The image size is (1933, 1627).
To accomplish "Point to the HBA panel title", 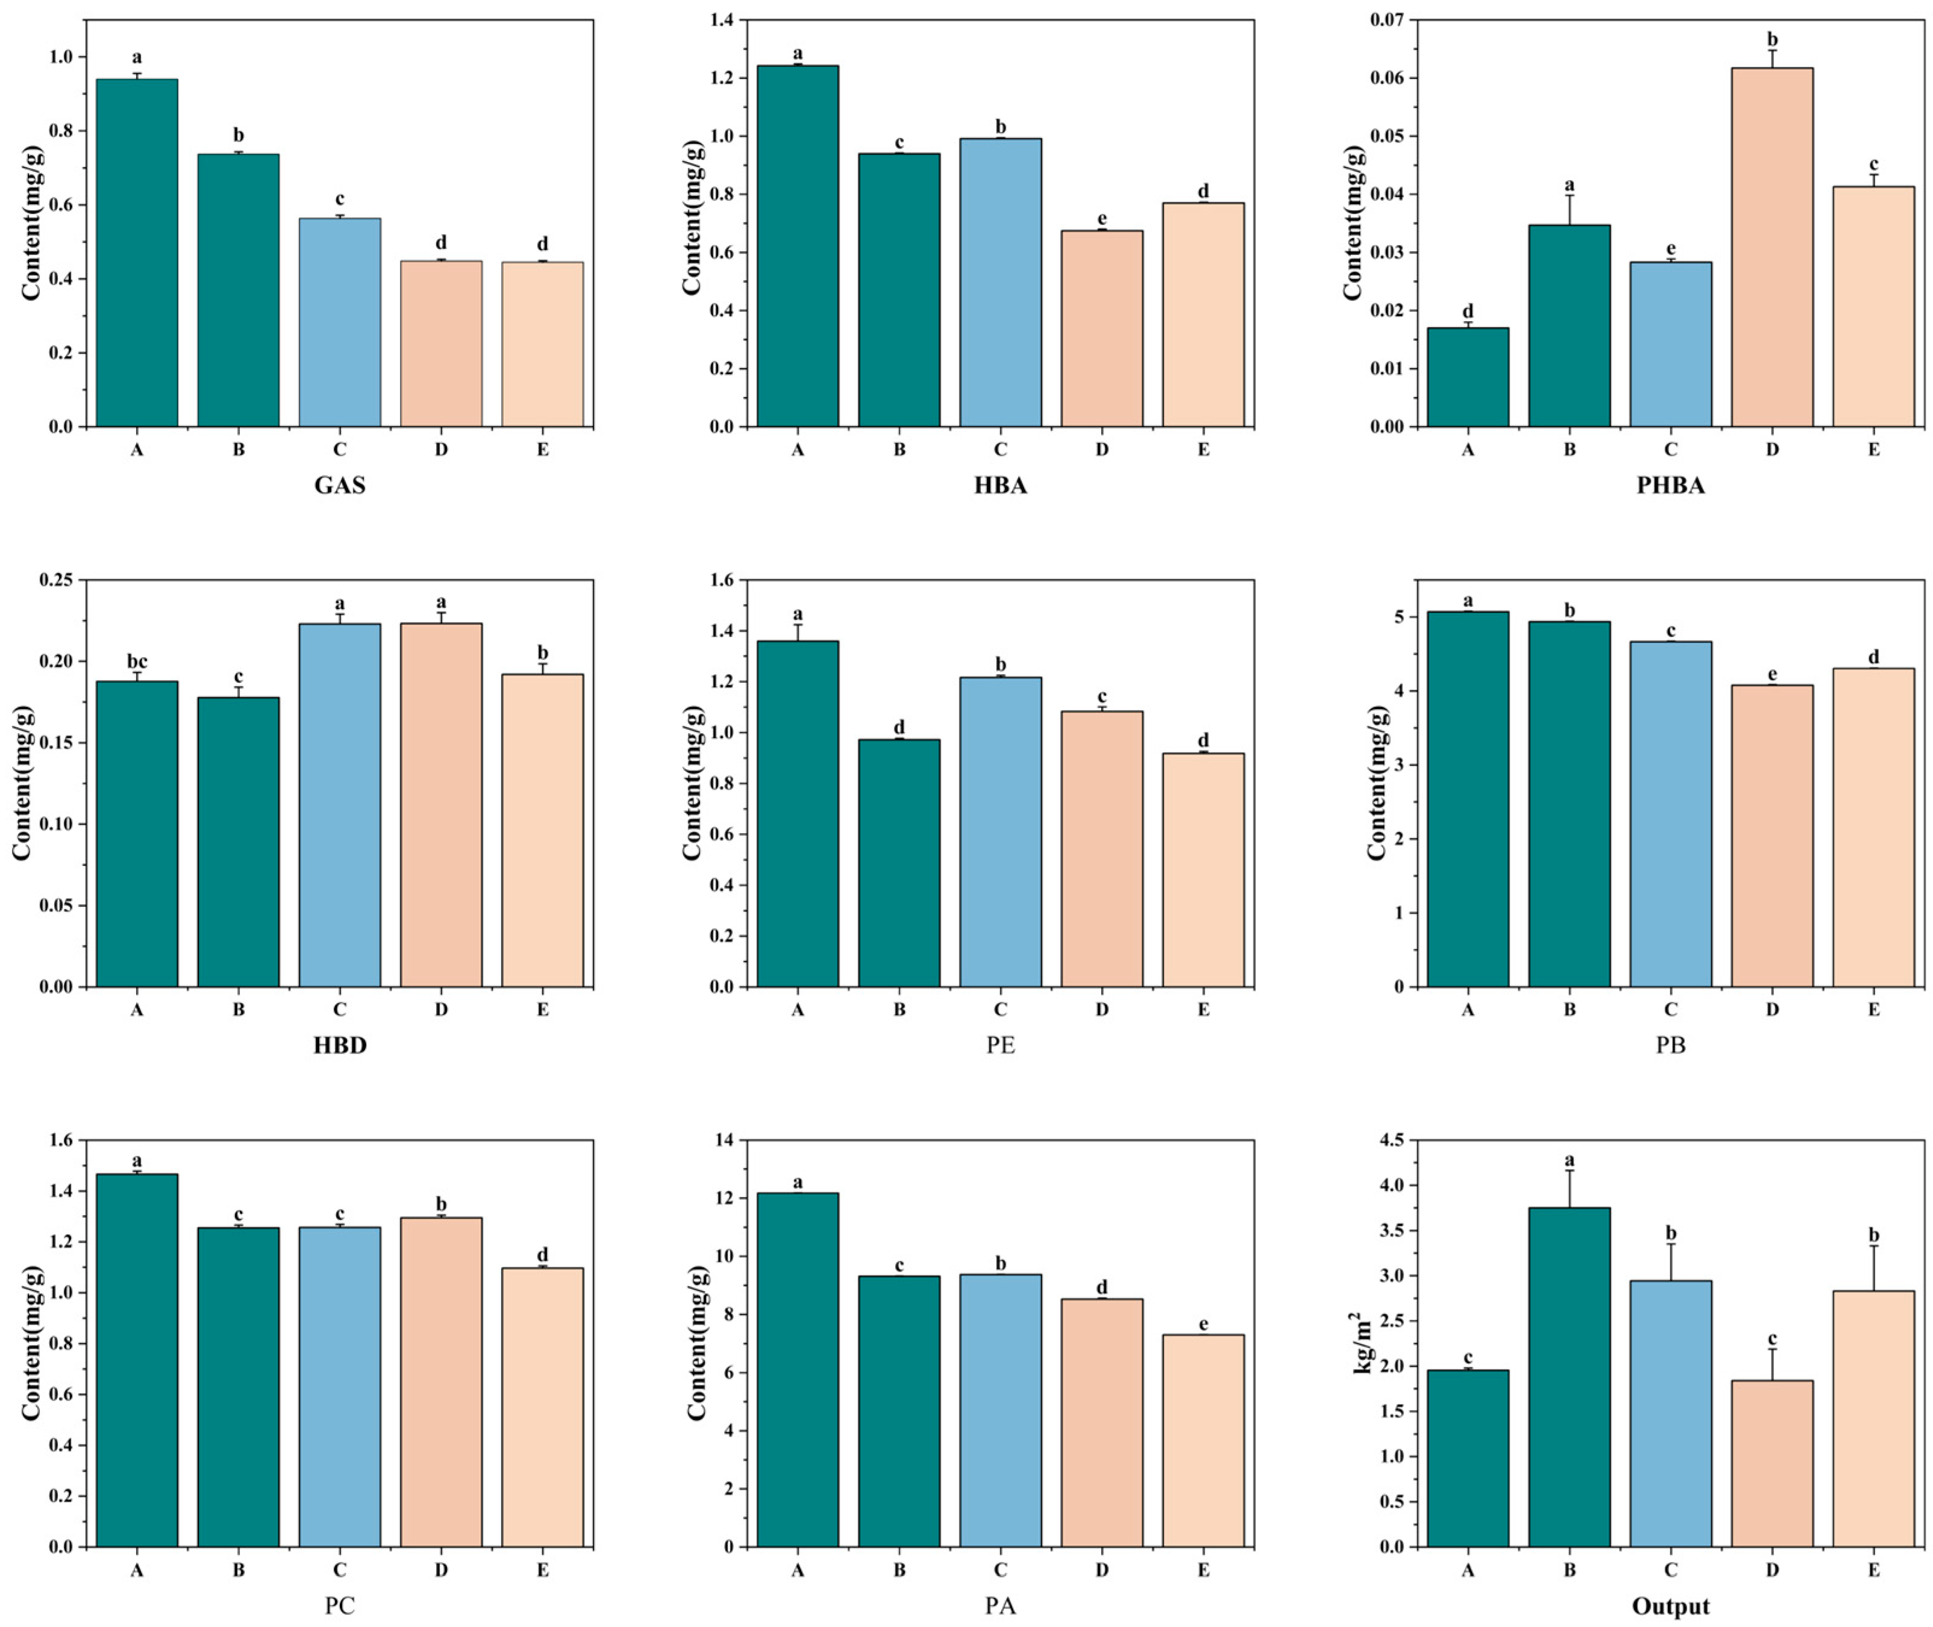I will tap(1000, 485).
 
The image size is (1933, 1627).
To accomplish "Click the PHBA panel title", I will tap(1670, 485).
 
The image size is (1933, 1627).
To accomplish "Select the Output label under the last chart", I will tap(1670, 1607).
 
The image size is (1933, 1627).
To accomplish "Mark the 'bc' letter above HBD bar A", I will tap(137, 662).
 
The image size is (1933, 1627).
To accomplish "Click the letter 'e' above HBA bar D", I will tap(1101, 219).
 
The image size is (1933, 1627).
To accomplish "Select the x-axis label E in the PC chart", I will tap(542, 1570).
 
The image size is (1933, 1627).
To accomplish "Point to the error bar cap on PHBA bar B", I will tap(1569, 196).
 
